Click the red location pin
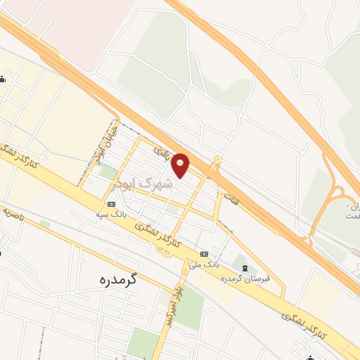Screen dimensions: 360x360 click(181, 165)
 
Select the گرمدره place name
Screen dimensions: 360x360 click(117, 279)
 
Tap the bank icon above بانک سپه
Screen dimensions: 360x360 click(111, 204)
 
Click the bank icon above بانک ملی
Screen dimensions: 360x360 click(205, 254)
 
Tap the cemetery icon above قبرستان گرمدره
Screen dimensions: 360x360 click(244, 266)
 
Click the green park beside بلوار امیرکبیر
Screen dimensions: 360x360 click(188, 309)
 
